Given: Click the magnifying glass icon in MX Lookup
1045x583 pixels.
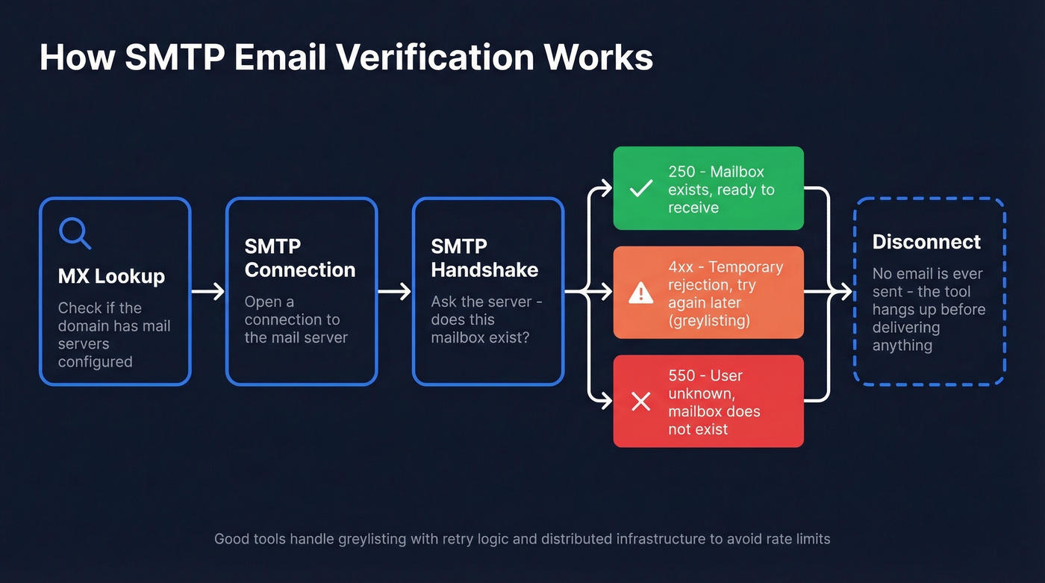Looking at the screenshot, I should (75, 233).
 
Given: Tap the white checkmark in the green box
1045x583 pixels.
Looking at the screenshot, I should (640, 189).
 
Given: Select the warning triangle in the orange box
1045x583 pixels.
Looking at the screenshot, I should (640, 293).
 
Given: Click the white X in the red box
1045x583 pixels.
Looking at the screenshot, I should (640, 402).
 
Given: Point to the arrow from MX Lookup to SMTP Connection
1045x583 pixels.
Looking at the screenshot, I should (208, 291).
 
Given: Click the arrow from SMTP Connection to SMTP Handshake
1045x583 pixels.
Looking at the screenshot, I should (395, 291).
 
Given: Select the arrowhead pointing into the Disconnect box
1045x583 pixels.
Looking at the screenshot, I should (846, 291).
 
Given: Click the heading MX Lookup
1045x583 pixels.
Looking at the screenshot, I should (111, 276).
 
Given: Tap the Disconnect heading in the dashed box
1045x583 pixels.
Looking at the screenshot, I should (926, 242).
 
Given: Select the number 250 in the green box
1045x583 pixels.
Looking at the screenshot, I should (681, 172).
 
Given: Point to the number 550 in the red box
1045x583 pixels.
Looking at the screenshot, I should (682, 375).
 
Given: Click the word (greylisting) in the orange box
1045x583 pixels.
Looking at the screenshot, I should (709, 321).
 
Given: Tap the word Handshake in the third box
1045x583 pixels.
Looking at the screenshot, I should (484, 269).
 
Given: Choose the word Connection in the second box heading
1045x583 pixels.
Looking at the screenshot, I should (300, 269).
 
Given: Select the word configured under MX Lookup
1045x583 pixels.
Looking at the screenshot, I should (96, 362).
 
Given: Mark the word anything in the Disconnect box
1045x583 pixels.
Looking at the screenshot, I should (902, 346).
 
